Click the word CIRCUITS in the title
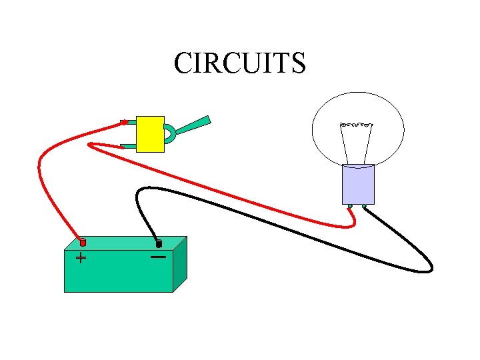[239, 63]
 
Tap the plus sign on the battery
[81, 257]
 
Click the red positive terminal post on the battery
[83, 243]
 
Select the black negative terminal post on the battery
[159, 244]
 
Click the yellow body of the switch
[150, 134]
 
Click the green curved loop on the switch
[170, 133]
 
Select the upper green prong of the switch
[127, 122]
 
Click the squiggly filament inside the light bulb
[356, 124]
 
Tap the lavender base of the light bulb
[358, 184]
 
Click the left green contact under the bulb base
[349, 207]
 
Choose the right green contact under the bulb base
[364, 207]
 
